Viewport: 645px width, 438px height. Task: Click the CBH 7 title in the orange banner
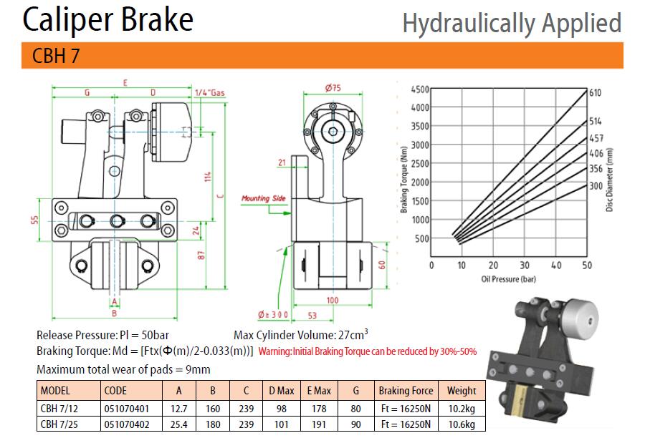pyautogui.click(x=55, y=56)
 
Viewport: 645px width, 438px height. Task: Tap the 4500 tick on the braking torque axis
pyautogui.click(x=419, y=89)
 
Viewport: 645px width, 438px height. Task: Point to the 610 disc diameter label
pyautogui.click(x=595, y=92)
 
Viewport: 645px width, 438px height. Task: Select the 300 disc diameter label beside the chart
pyautogui.click(x=596, y=186)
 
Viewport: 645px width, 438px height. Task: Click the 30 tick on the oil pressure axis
pyautogui.click(x=525, y=266)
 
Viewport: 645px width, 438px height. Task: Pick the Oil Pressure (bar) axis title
pyautogui.click(x=508, y=279)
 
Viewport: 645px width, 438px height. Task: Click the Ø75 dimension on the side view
pyautogui.click(x=333, y=87)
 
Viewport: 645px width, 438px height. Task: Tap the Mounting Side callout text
pyautogui.click(x=263, y=198)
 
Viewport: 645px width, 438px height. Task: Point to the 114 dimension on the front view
pyautogui.click(x=208, y=177)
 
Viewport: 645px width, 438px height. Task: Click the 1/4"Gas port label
pyautogui.click(x=210, y=93)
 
